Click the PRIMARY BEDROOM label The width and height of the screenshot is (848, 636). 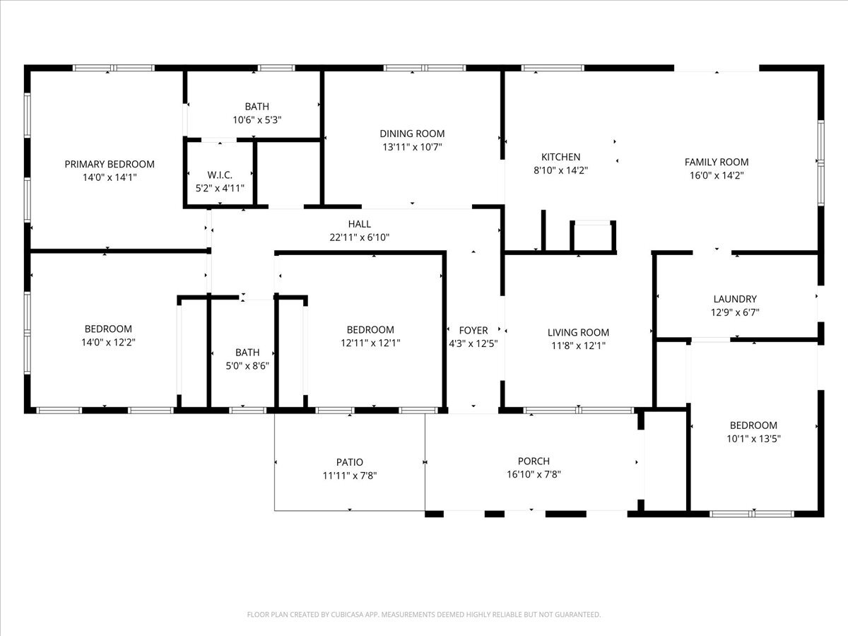tap(109, 164)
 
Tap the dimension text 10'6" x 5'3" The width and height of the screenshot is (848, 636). tap(257, 120)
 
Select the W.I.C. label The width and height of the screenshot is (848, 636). tap(219, 175)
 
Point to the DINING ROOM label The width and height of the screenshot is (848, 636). tap(412, 134)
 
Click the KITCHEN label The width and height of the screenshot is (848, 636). tap(560, 157)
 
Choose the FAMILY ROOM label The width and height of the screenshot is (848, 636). tap(716, 162)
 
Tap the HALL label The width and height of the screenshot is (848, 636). tap(359, 224)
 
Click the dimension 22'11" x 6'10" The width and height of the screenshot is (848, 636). tap(359, 237)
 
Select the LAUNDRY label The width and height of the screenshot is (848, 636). tap(735, 299)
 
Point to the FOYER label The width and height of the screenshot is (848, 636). tap(473, 330)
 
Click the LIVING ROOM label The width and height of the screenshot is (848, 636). tap(578, 332)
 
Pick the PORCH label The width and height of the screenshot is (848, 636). tap(533, 461)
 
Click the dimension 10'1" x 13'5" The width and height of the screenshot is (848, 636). tap(753, 438)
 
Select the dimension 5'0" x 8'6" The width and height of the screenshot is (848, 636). tap(247, 365)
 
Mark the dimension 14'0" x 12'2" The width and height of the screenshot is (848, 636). tap(108, 342)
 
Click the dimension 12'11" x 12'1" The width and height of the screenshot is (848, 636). tap(370, 343)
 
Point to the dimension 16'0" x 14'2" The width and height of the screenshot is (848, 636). tap(716, 175)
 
